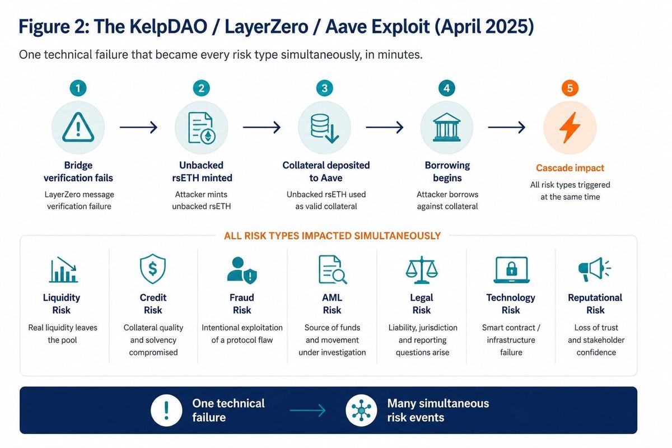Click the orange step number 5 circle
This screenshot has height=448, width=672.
click(570, 88)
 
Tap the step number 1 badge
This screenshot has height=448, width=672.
click(78, 88)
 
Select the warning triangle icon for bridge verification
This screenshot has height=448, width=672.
click(78, 127)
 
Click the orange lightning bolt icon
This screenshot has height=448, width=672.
click(570, 128)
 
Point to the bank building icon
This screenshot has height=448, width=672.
click(447, 127)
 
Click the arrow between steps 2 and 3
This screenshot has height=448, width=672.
click(262, 127)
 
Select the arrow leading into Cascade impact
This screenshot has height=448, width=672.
click(507, 127)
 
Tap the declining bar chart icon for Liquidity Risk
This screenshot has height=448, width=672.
click(63, 270)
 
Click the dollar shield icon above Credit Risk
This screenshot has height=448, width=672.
click(153, 269)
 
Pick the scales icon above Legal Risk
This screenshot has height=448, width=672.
click(422, 270)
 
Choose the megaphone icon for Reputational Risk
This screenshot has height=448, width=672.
click(594, 269)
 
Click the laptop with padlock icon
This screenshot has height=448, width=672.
click(511, 270)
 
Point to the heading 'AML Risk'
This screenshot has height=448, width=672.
click(332, 304)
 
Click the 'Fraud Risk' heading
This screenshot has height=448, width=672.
click(242, 304)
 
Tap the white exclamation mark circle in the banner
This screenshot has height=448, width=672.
click(166, 410)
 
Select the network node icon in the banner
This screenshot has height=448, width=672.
click(361, 410)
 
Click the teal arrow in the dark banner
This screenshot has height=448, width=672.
click(307, 410)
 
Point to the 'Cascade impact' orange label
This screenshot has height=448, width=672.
click(570, 168)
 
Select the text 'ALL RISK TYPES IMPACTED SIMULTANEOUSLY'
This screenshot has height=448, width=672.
click(332, 236)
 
